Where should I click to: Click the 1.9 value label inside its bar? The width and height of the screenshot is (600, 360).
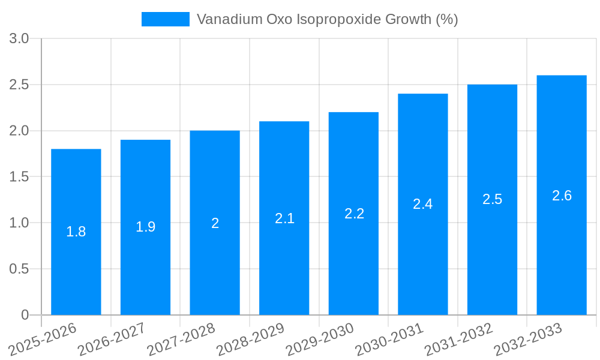click(145, 227)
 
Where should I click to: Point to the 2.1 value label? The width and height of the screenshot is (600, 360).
click(284, 218)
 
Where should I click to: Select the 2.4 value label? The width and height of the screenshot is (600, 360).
click(423, 204)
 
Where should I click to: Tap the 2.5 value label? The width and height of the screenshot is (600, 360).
click(493, 199)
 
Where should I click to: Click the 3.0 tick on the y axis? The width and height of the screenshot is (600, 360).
click(19, 39)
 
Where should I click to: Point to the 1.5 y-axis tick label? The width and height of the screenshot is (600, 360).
click(19, 177)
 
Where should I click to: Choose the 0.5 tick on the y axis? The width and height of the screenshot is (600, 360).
click(19, 269)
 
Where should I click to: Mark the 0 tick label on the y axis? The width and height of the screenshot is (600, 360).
click(25, 315)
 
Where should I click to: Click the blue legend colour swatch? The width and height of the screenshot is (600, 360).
click(165, 19)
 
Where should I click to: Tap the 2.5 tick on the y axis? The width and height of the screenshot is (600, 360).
click(19, 85)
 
